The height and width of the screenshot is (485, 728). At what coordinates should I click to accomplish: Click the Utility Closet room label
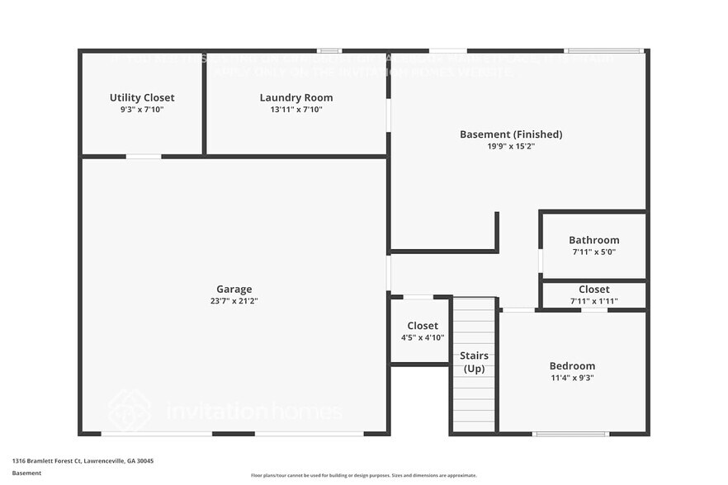click(142, 97)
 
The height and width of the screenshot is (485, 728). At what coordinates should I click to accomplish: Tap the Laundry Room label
click(296, 97)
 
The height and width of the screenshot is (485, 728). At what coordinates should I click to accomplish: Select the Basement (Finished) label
click(511, 134)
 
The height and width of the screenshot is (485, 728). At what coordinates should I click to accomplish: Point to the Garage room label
click(234, 289)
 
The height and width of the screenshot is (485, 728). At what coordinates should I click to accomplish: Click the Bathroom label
click(593, 240)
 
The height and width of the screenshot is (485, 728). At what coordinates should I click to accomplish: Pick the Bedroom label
click(572, 365)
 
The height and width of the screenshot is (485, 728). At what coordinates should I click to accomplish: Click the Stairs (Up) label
click(475, 361)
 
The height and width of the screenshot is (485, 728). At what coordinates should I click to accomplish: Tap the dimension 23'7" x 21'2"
click(234, 300)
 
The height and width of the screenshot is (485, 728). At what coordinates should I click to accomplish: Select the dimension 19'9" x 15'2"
click(511, 146)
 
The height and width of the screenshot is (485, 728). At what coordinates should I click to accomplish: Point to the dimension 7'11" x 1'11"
click(593, 301)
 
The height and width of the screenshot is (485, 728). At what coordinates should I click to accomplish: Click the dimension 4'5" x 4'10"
click(422, 337)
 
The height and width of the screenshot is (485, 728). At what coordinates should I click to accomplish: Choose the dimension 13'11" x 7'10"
click(296, 109)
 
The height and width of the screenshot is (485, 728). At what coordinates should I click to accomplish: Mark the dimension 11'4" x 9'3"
click(572, 378)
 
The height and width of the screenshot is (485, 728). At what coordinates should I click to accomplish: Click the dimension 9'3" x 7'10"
click(142, 109)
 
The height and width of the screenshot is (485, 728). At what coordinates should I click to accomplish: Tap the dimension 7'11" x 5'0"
click(593, 252)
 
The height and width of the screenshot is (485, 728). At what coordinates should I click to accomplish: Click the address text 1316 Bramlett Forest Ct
click(83, 461)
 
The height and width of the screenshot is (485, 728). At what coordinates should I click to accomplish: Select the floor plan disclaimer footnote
click(364, 475)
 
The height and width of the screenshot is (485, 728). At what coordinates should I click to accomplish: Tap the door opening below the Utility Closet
click(144, 156)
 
